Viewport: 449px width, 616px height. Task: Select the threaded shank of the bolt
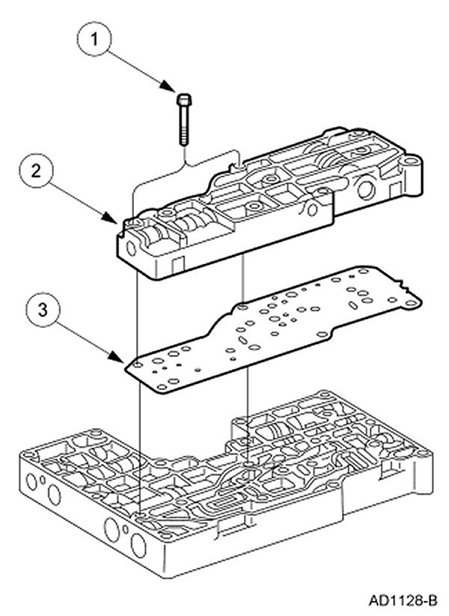[x=183, y=127]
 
